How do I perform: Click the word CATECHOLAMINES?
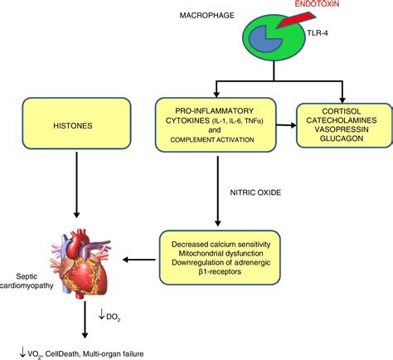[x=342, y=120]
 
